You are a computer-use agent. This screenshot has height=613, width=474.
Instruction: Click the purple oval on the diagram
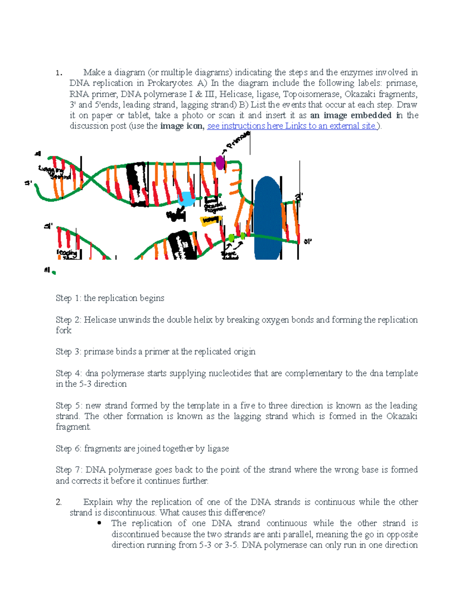[x=220, y=162]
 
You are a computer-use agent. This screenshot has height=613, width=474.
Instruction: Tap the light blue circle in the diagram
[x=186, y=199]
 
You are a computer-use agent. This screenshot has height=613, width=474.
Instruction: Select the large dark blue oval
[x=268, y=218]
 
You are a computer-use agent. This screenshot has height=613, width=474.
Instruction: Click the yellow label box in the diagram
[x=210, y=221]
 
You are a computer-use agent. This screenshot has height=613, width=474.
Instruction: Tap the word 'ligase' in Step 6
[x=218, y=448]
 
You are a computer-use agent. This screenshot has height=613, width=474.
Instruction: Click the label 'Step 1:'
[x=68, y=298]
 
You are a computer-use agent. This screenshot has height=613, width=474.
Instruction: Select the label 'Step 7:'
[x=69, y=470]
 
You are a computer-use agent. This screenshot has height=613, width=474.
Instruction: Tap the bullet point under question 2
[x=99, y=523]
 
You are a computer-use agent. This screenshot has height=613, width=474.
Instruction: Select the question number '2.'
[x=59, y=502]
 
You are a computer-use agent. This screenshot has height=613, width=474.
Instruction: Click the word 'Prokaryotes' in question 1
[x=170, y=83]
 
